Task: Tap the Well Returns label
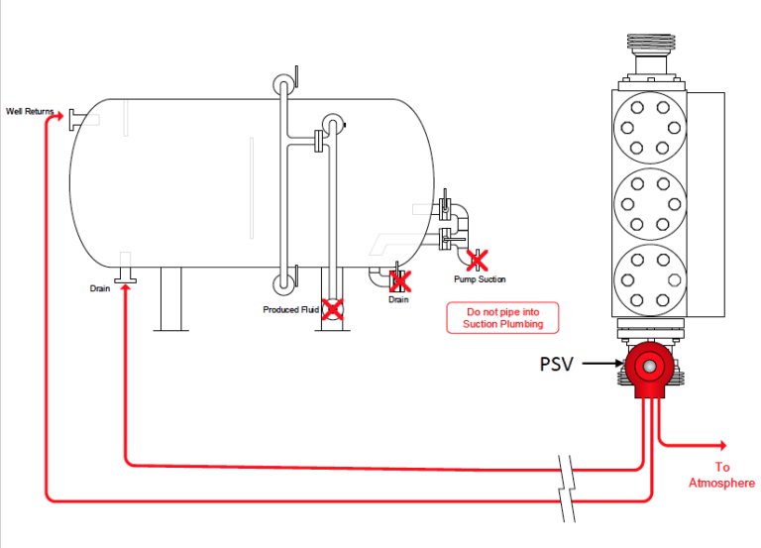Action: tap(30, 111)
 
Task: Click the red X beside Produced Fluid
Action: tap(333, 309)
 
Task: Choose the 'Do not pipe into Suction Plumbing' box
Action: tap(503, 317)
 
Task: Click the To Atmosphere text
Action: tap(721, 475)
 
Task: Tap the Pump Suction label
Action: tap(480, 279)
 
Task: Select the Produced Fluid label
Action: tap(290, 310)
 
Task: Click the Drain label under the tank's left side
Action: tap(99, 288)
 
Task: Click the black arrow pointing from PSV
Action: tap(601, 364)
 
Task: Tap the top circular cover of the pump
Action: tap(650, 127)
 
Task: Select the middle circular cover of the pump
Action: tap(650, 205)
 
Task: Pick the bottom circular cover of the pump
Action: tap(650, 280)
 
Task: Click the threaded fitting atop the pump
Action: tap(650, 45)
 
